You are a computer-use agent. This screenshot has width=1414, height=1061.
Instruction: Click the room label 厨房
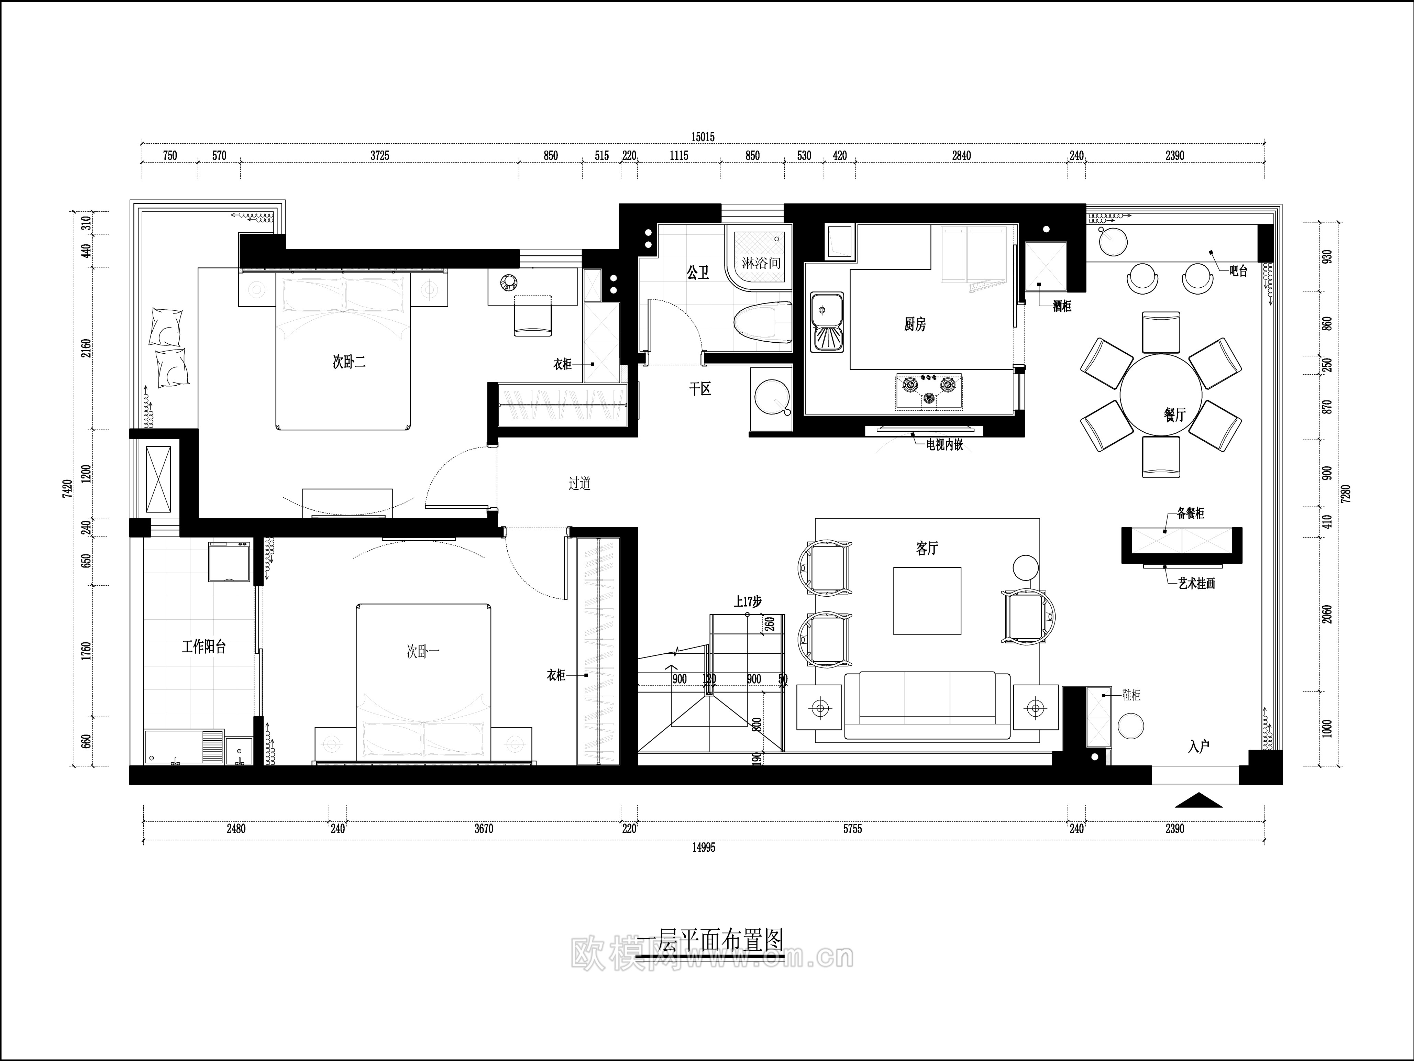click(x=914, y=325)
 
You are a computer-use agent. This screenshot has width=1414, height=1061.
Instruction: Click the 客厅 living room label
click(x=927, y=549)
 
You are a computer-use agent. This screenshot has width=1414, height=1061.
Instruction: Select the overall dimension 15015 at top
click(x=703, y=137)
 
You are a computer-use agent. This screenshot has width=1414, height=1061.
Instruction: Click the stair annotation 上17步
click(x=747, y=601)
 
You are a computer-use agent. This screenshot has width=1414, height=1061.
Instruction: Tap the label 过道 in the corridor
click(x=579, y=484)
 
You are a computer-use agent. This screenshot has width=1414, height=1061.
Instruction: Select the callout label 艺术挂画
click(x=1197, y=584)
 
